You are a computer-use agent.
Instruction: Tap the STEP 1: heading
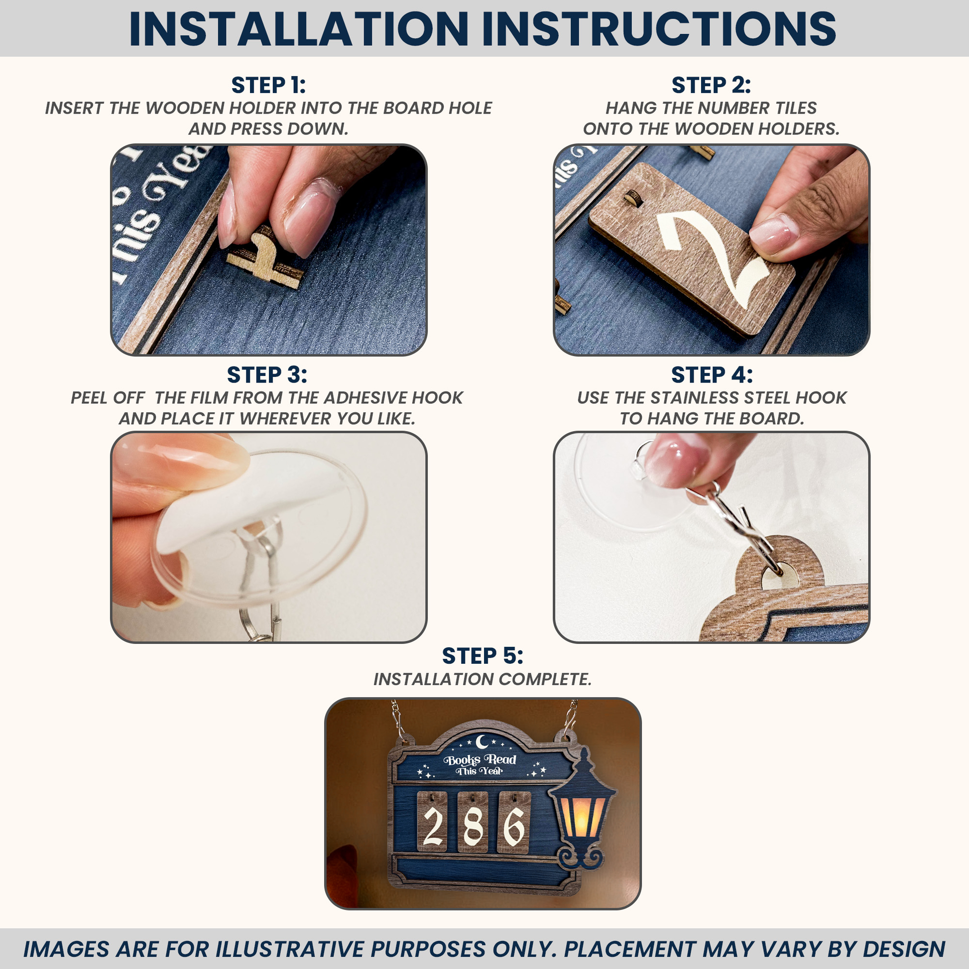[268, 85]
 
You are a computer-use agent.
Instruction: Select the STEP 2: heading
[711, 85]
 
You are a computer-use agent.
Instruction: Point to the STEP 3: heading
[267, 375]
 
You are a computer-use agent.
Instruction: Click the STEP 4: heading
[712, 375]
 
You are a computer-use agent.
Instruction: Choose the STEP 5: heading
[483, 656]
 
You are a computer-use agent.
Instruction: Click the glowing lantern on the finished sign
[582, 810]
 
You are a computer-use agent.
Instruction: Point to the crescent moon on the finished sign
[483, 741]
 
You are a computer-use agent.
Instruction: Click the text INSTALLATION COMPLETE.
[483, 679]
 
